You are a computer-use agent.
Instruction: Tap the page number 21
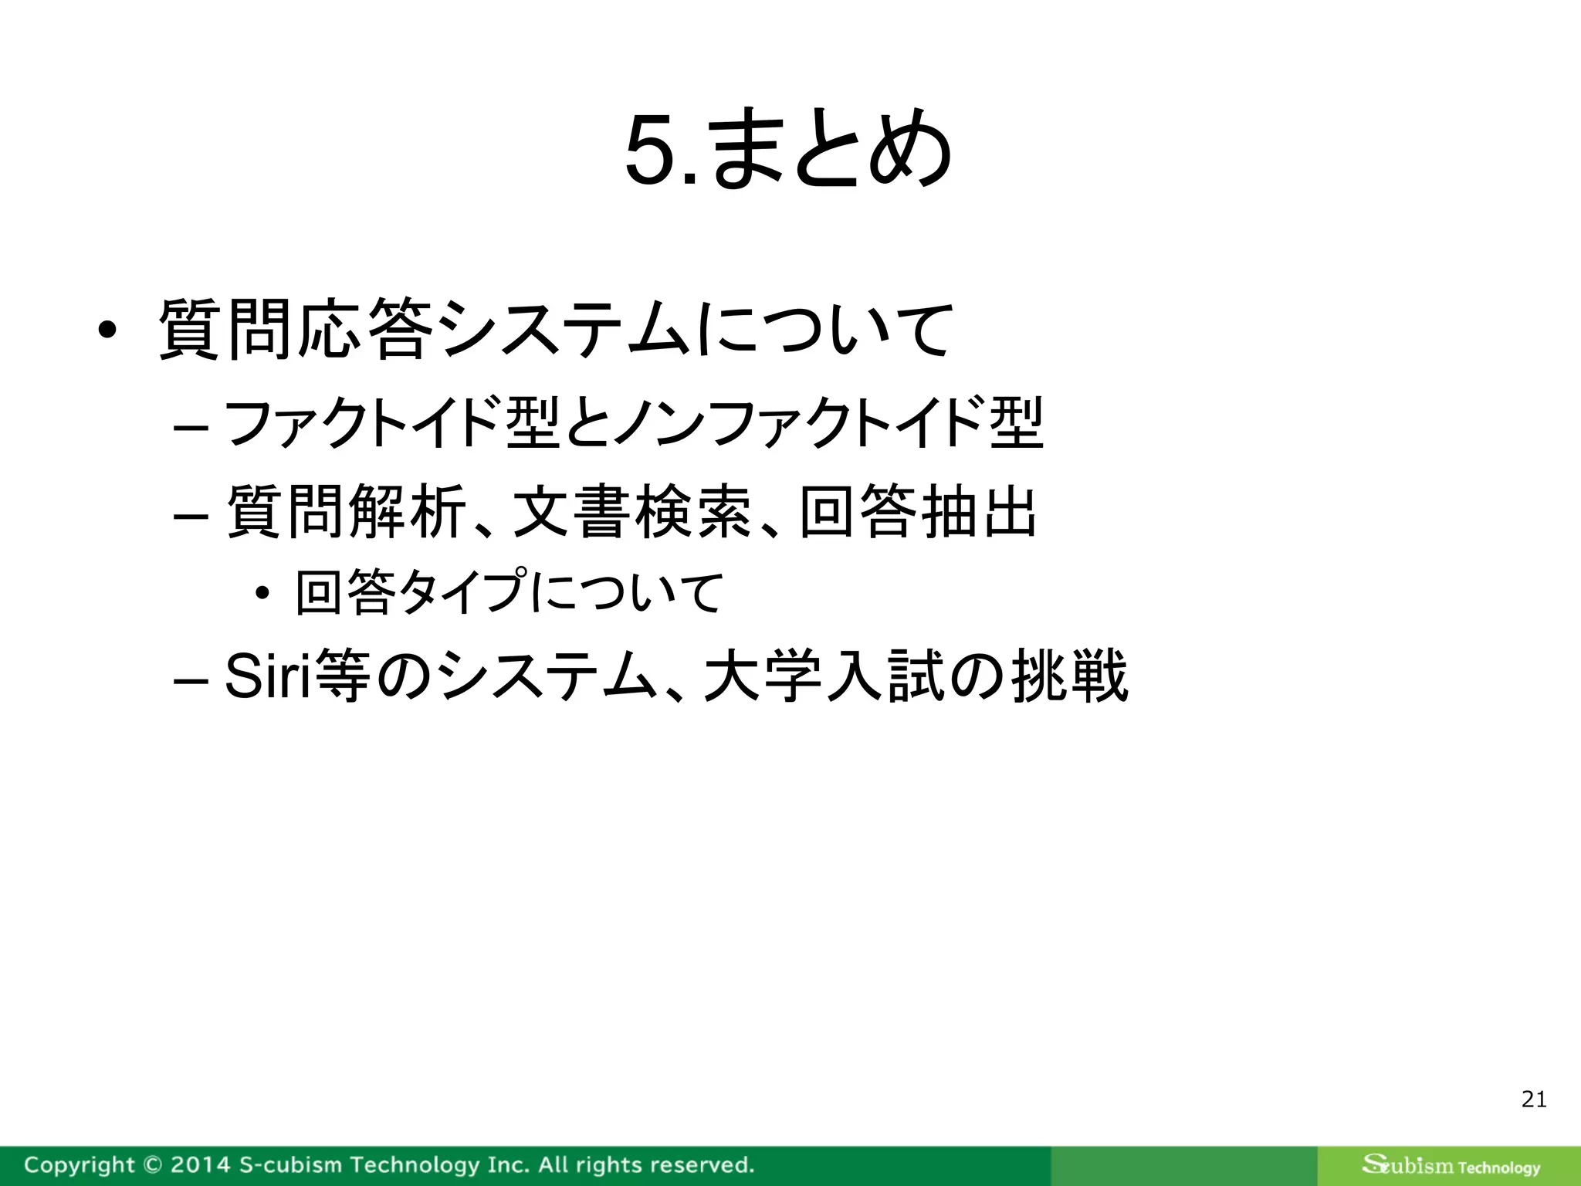1533,1099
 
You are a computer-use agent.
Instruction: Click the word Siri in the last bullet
267,676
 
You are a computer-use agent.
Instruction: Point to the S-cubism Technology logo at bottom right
1451,1165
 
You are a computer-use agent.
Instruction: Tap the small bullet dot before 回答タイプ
262,593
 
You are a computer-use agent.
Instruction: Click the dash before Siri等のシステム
190,680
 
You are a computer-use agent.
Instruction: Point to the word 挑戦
1070,676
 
